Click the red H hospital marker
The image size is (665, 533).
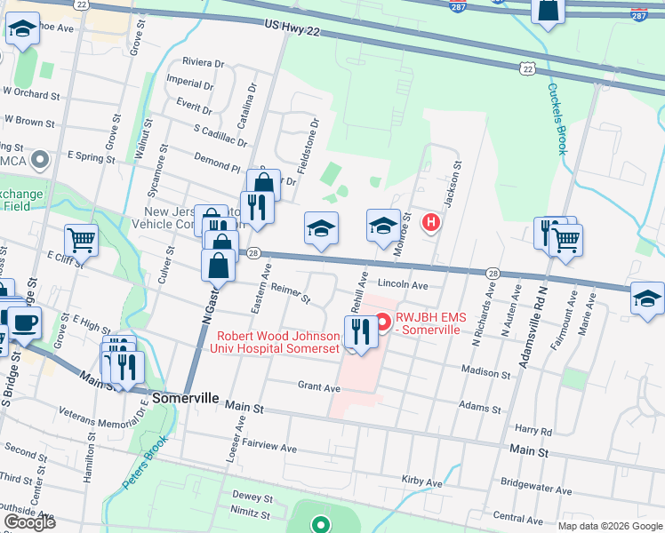(431, 222)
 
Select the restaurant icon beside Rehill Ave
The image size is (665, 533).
(360, 332)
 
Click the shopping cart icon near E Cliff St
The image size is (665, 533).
(81, 239)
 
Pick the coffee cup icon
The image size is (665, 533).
(24, 322)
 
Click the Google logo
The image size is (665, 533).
(29, 521)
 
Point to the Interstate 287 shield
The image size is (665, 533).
(638, 14)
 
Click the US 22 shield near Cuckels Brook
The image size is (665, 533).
(527, 68)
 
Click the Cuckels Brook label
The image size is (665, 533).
(556, 119)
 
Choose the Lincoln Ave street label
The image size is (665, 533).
(403, 285)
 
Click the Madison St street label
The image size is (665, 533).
(485, 374)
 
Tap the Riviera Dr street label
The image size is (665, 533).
(203, 63)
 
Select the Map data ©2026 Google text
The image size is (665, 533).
(609, 526)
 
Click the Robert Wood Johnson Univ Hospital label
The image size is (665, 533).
(278, 343)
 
